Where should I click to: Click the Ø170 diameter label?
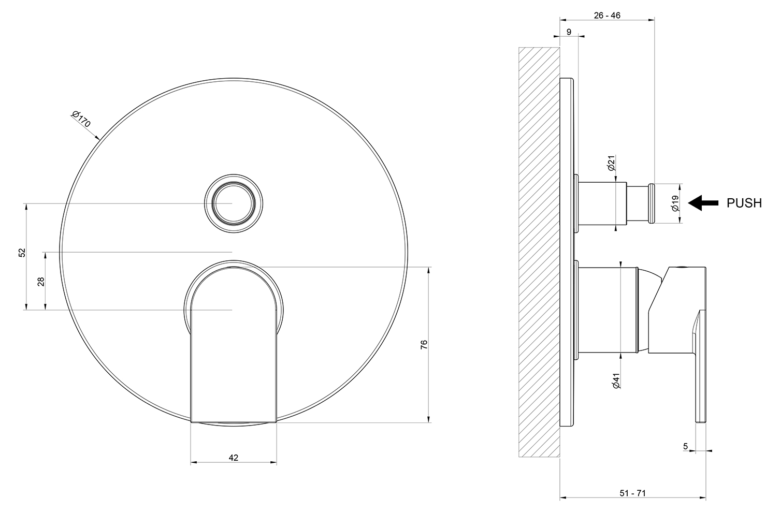point(81,119)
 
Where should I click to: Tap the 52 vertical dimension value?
point(22,252)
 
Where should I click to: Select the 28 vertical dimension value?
point(41,282)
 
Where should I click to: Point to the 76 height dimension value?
point(424,345)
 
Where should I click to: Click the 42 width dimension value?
point(233,457)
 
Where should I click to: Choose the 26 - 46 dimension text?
point(607,16)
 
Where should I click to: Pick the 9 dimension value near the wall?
point(569,32)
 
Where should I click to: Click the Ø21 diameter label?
point(612,163)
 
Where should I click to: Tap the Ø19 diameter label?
point(675,203)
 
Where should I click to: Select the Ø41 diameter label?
point(616,381)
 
